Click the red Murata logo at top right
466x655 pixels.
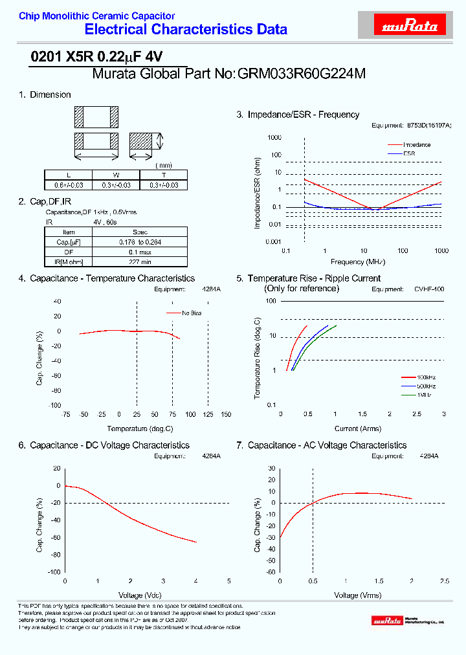coord(410,26)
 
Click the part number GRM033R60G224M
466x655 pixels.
coord(302,74)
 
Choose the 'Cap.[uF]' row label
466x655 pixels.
coord(69,242)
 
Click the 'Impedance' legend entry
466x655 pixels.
coord(417,145)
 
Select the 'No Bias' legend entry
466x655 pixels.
coord(192,313)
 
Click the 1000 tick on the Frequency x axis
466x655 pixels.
coord(441,250)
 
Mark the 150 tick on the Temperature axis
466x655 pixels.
coord(226,414)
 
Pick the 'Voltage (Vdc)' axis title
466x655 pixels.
coord(140,595)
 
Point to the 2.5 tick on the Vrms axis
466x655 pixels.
coord(444,581)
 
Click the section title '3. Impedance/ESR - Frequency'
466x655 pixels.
coord(298,115)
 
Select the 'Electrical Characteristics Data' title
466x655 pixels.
coord(186,29)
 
